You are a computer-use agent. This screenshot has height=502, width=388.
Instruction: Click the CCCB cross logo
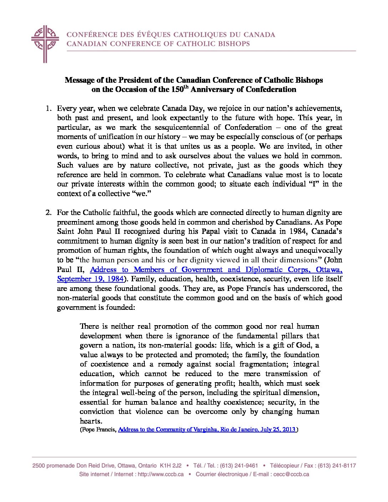click(45, 43)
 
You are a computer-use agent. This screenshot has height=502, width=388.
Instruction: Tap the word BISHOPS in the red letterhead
click(233, 44)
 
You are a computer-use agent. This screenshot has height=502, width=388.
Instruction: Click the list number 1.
click(48, 108)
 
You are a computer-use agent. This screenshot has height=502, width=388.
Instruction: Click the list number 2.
click(48, 212)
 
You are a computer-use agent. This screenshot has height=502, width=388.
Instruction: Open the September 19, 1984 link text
click(90, 279)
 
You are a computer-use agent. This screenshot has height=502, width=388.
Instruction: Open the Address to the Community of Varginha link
click(206, 429)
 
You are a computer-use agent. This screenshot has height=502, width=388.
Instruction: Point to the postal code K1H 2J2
click(170, 466)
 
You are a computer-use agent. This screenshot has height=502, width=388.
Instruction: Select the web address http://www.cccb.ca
click(155, 475)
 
